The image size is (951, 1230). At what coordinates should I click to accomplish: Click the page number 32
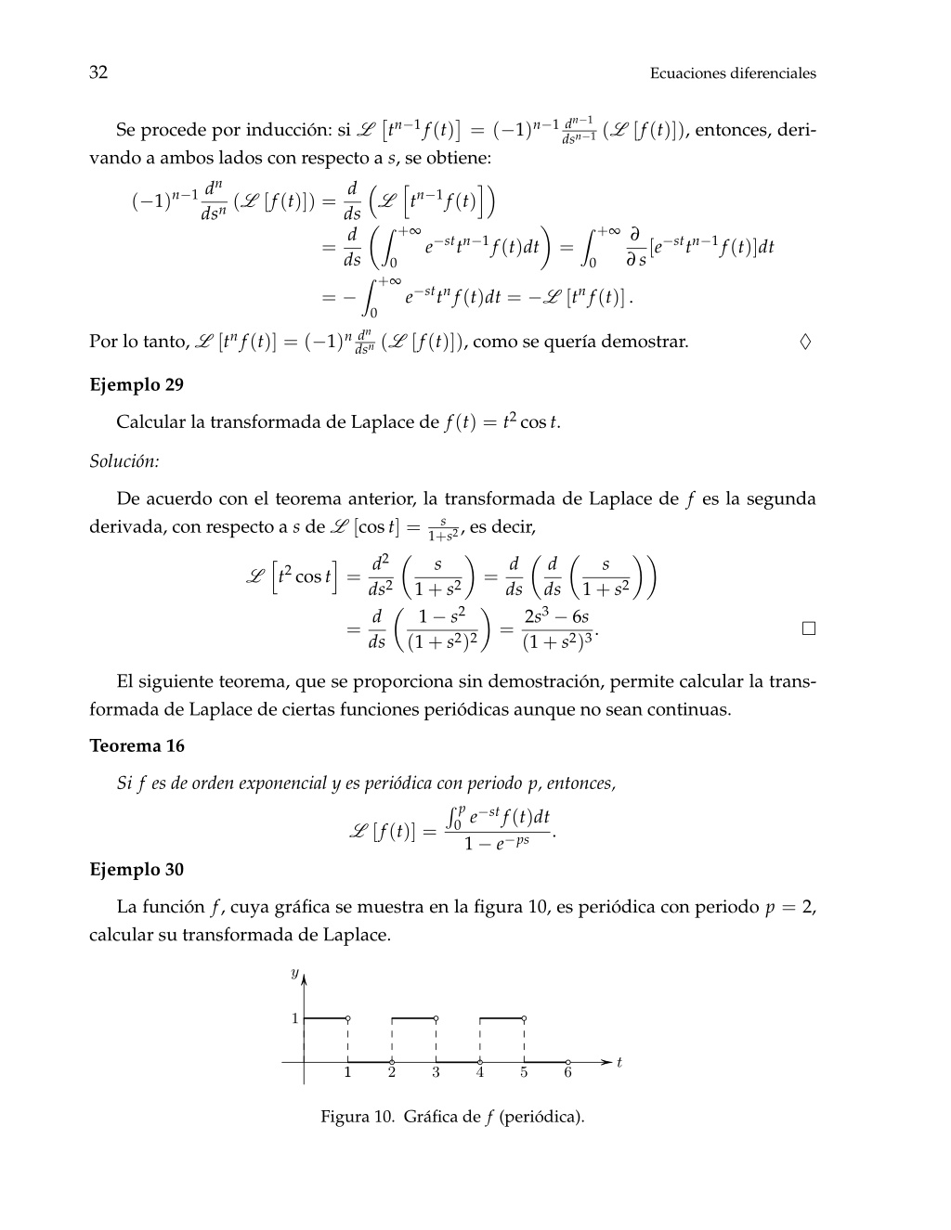point(98,72)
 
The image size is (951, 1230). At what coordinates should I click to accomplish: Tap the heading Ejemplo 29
point(137,384)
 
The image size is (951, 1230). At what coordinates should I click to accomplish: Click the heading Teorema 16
point(137,745)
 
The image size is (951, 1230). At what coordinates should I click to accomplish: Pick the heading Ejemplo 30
point(137,869)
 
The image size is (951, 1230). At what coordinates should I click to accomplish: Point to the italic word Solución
point(124,460)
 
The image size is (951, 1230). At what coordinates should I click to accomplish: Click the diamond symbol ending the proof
point(805,342)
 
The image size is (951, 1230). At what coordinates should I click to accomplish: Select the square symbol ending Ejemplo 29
point(808,628)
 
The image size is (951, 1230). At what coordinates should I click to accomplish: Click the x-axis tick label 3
point(436,1073)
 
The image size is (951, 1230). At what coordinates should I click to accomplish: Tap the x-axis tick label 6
point(567,1073)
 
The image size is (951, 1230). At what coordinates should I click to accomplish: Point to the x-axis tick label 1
point(347,1073)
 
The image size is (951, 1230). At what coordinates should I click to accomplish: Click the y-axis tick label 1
point(295,1018)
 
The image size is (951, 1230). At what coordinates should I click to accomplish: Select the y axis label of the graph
point(294,973)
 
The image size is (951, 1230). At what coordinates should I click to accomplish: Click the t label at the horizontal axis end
point(619,1062)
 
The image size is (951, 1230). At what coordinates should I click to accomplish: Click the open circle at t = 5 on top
point(524,1018)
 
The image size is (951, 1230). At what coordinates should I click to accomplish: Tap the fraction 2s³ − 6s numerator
point(556,616)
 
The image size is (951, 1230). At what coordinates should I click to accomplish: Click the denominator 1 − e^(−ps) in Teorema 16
point(498,845)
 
